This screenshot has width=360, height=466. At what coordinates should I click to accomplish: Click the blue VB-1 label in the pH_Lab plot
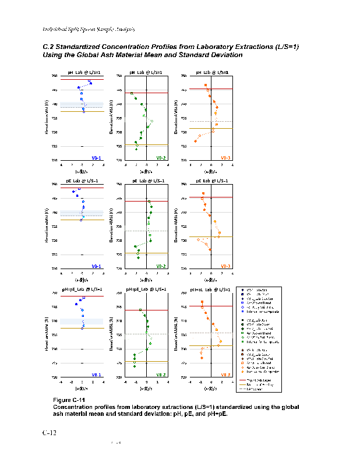(x=97, y=157)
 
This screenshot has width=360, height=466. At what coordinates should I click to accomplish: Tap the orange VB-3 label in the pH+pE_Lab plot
(x=225, y=374)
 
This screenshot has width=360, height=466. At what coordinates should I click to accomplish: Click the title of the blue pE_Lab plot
(x=82, y=181)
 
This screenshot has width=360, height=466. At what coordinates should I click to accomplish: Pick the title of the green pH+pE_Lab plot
(x=146, y=290)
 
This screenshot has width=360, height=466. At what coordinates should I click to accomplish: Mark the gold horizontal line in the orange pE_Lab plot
(x=211, y=236)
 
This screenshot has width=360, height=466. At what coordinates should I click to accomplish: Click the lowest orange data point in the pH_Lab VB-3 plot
(x=195, y=141)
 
